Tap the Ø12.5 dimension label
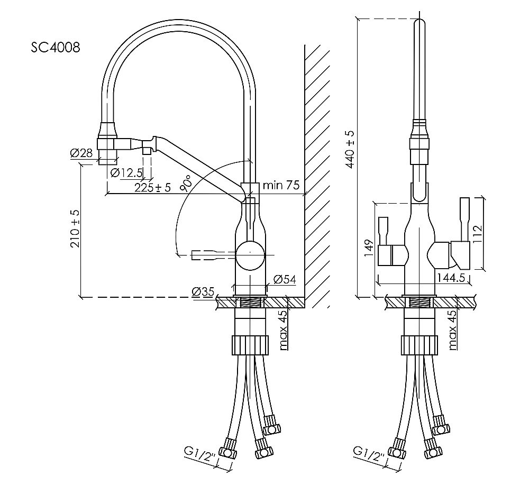(x=127, y=172)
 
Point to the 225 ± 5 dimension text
(x=152, y=188)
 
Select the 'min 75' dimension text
(x=281, y=185)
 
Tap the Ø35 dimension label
(x=202, y=291)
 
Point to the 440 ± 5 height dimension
(x=350, y=149)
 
